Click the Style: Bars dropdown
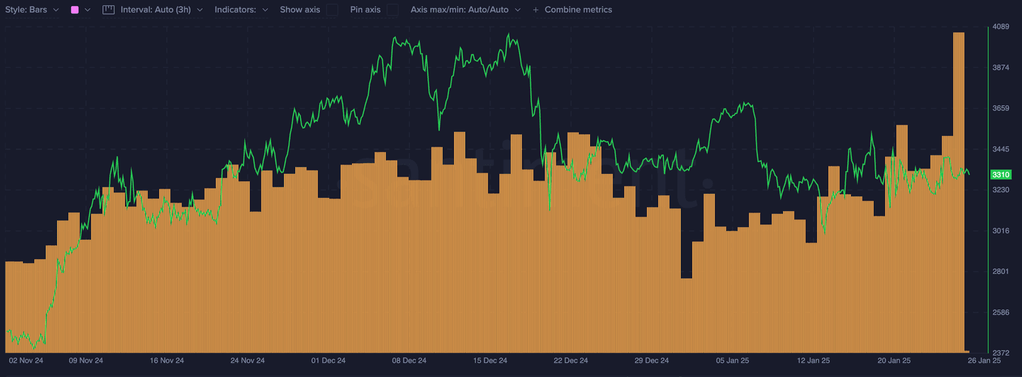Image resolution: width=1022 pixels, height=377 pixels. point(33,10)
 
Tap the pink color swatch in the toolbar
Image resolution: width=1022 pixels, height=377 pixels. point(75,10)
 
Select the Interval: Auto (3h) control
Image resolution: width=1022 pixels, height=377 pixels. point(152,10)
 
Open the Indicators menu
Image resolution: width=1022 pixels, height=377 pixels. point(242,10)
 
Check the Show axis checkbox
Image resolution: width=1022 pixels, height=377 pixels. point(332,10)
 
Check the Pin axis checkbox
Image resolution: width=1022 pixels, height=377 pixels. point(393,10)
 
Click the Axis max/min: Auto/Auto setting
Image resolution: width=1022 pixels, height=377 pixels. point(465,10)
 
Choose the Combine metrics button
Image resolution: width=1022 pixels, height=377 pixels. point(572,10)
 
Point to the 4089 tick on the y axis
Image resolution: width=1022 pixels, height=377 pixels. point(1001,27)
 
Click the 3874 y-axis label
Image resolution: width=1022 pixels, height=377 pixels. point(1001,67)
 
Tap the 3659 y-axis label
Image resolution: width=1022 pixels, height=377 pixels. point(1001,108)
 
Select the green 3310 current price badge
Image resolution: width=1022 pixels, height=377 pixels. point(1001,175)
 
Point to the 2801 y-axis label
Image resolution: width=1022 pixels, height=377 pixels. point(1001,271)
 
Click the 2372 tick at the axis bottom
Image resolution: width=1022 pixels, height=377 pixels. point(1001,352)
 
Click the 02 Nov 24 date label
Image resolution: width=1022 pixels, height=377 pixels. point(26,360)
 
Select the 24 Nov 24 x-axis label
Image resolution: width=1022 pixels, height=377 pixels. point(248,360)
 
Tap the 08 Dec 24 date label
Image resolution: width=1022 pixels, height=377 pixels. point(409,360)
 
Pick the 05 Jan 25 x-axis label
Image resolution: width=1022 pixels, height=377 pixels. point(733,360)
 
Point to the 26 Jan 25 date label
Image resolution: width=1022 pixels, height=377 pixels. point(984,360)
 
